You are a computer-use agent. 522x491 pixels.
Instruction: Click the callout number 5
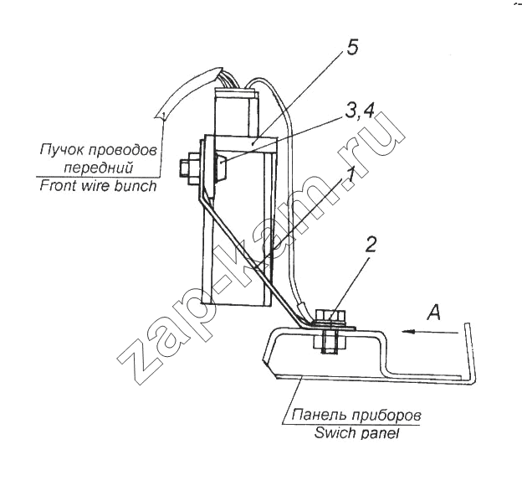(352, 47)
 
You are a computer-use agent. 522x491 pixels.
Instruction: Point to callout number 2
(370, 245)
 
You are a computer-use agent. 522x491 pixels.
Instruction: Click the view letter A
(434, 313)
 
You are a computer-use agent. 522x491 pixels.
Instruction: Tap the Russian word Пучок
(60, 150)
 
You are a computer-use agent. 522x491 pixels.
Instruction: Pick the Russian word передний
(98, 168)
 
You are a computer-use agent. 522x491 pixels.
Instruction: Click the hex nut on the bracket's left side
(189, 168)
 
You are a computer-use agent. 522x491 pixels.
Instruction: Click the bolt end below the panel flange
(330, 342)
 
